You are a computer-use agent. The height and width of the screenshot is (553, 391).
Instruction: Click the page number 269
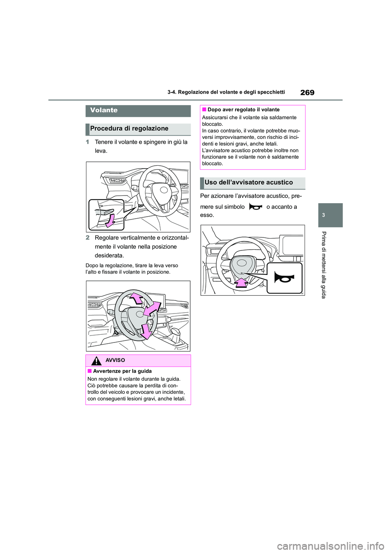pos(307,92)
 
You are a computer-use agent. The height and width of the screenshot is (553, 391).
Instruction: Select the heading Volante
pos(104,110)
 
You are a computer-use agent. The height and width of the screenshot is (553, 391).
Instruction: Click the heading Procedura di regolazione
pos(129,129)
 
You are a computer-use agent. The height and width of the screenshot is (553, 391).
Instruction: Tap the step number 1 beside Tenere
pos(88,142)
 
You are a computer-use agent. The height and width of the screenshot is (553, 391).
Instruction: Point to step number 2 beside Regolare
pos(88,238)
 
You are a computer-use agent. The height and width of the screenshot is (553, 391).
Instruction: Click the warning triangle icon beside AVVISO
pos(97,361)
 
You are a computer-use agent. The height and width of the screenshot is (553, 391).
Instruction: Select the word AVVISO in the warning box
pos(115,360)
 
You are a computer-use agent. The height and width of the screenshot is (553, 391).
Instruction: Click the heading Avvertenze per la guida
pos(122,371)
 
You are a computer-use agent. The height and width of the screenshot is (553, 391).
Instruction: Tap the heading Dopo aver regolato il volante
pos(244,110)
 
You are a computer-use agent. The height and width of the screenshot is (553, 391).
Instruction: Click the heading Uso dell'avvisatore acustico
pos(248,183)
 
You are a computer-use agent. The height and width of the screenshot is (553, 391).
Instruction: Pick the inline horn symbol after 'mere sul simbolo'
pos(255,207)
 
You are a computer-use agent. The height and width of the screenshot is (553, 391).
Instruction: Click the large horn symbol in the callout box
pos(284,278)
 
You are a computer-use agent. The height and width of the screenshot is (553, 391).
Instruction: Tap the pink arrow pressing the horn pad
pos(242,282)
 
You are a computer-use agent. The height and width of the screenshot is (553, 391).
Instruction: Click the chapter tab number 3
pos(323,215)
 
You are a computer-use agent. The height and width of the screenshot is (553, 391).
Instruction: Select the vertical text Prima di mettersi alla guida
pos(324,265)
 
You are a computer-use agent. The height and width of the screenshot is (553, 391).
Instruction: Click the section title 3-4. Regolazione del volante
pos(226,92)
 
